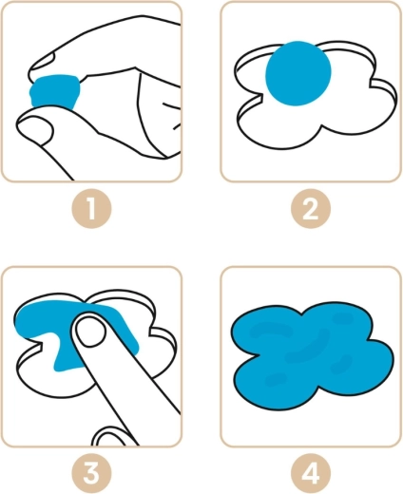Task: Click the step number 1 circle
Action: click(x=91, y=208)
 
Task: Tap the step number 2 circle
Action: click(x=311, y=208)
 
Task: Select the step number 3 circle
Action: click(x=91, y=473)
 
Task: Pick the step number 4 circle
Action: click(x=311, y=473)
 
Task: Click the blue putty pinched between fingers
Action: click(x=54, y=91)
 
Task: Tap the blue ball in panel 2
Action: click(x=298, y=73)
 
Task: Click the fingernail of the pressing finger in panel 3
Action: click(x=91, y=332)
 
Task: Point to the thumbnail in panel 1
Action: click(x=35, y=128)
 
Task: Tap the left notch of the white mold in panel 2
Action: click(x=258, y=97)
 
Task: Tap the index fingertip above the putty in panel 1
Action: click(x=41, y=64)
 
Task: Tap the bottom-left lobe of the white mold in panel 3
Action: click(x=48, y=378)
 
